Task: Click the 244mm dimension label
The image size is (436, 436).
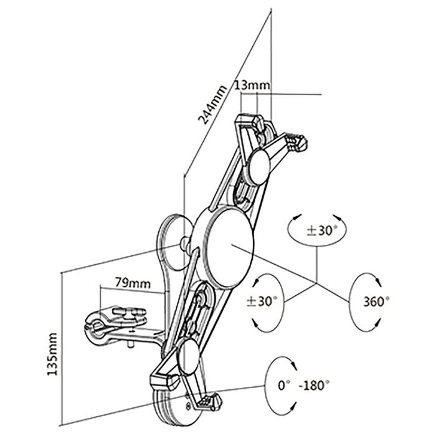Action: coord(211,103)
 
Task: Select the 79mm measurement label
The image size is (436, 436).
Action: coord(133,282)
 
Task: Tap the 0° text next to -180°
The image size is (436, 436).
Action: coord(285,386)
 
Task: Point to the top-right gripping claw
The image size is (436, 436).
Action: coord(297,143)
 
